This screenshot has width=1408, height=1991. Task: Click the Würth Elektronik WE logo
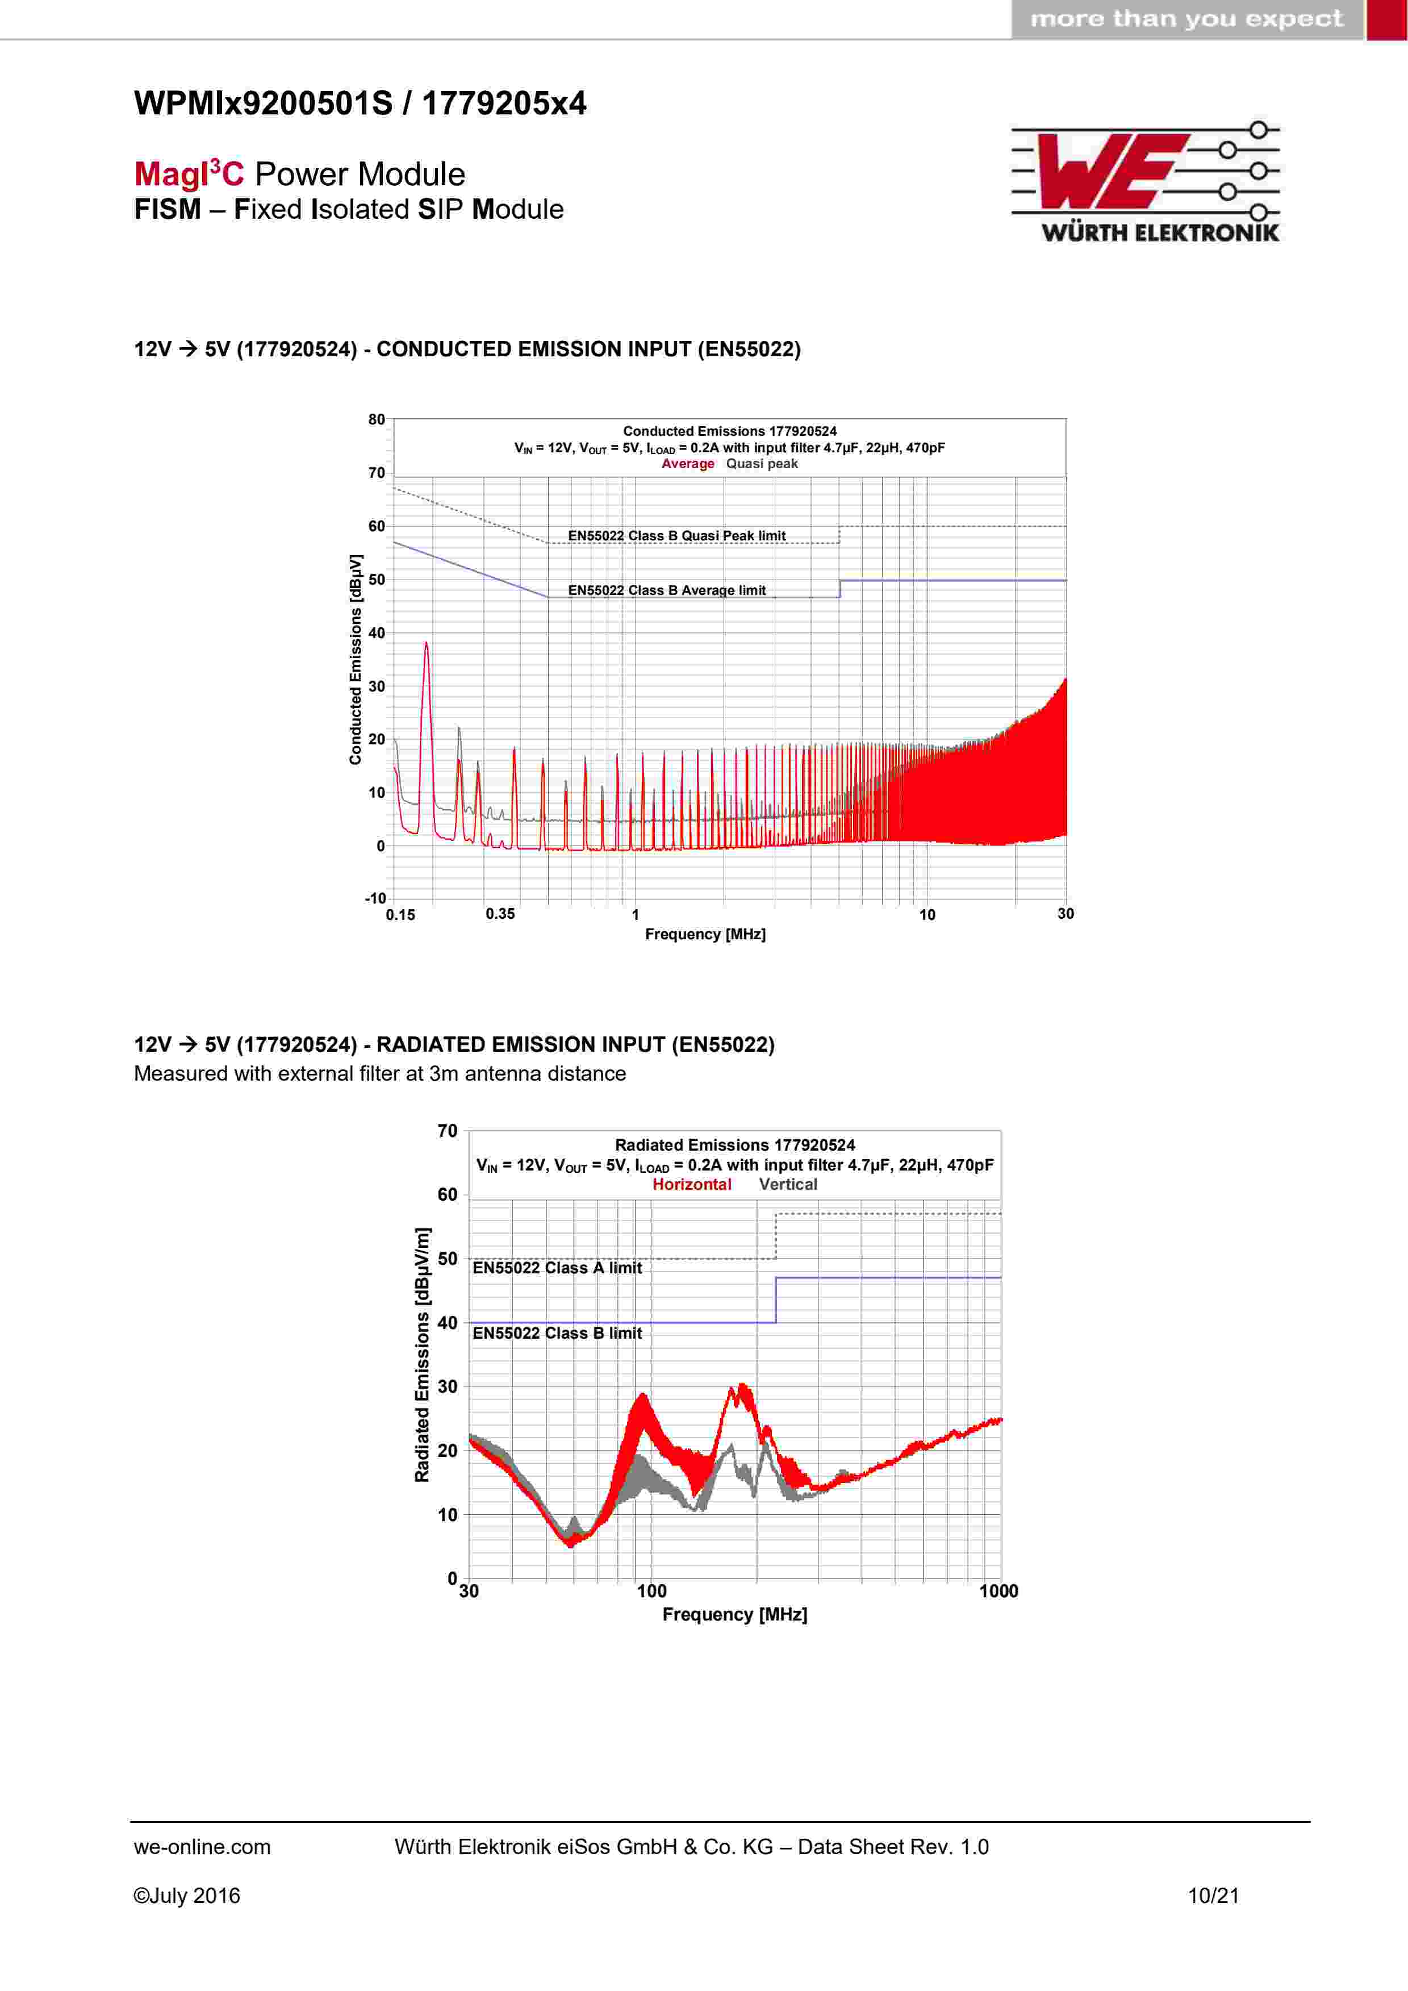point(1144,181)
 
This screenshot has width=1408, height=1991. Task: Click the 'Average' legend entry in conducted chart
point(687,464)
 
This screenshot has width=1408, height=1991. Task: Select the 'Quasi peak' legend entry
point(762,464)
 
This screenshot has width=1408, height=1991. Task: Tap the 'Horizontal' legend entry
point(692,1185)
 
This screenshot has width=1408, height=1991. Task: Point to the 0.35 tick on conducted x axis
point(500,914)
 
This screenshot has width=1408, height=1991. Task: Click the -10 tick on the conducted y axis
point(374,898)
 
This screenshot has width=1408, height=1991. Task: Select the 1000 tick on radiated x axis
point(999,1591)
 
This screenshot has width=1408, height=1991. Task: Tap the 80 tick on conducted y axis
point(376,420)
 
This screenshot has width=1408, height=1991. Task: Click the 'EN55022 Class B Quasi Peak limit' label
point(676,536)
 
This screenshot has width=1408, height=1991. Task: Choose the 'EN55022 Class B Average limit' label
point(667,590)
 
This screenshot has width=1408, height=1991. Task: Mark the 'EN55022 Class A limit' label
point(557,1268)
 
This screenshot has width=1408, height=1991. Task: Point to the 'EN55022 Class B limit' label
point(557,1334)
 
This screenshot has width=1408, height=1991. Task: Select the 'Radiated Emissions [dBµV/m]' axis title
point(422,1355)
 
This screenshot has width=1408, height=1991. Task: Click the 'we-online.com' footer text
point(202,1847)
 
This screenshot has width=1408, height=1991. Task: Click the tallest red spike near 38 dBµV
point(426,646)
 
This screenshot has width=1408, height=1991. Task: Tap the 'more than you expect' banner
point(1186,19)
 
